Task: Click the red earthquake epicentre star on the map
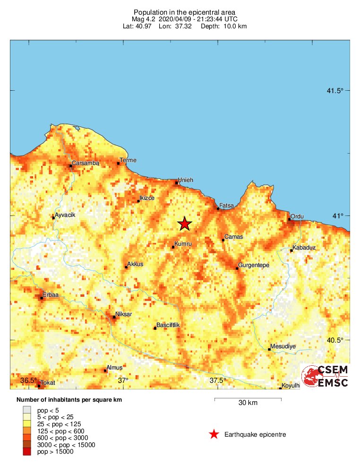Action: pos(184,224)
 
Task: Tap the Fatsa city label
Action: pos(227,206)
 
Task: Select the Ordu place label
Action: pos(297,216)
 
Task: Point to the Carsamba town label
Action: pos(86,164)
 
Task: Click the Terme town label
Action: pos(128,160)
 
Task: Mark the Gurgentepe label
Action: pos(254,265)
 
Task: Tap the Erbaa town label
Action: pos(50,295)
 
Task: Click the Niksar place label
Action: pos(124,314)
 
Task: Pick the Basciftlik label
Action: pos(169,325)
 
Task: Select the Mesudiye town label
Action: pos(283,346)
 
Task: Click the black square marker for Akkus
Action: pos(126,267)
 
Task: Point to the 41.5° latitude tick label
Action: pos(335,91)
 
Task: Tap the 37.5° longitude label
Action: pos(218,380)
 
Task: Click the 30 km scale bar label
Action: pos(248,403)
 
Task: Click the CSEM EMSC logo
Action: pos(325,376)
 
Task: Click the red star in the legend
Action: pos(214,434)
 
